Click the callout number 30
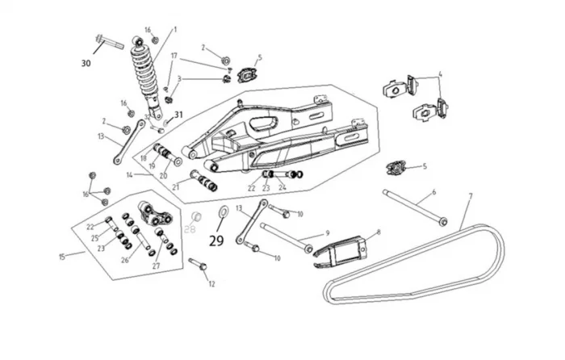point(86,63)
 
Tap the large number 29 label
point(216,240)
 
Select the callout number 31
point(178,115)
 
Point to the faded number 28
point(191,229)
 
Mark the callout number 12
point(212,284)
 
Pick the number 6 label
point(433,192)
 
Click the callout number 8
point(378,232)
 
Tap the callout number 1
point(175,30)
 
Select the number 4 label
point(440,75)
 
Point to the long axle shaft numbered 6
point(415,206)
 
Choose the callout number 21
point(175,186)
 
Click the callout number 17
point(174,56)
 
